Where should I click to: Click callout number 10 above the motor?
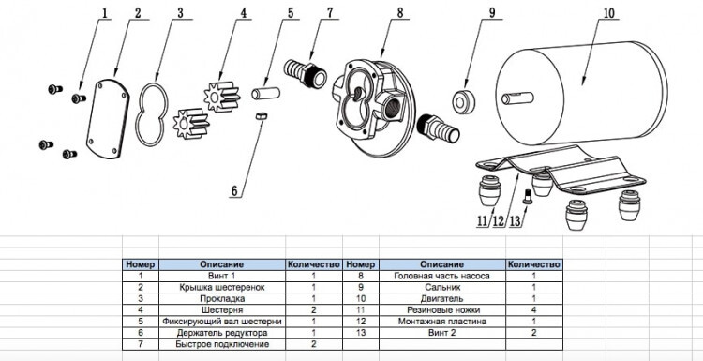(608, 13)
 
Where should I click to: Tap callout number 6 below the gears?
(234, 191)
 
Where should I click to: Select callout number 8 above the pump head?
(400, 12)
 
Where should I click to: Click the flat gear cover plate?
(108, 119)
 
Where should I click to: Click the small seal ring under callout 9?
(463, 102)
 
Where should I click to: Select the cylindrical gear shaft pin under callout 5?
(265, 94)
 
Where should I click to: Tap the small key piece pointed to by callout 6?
(261, 116)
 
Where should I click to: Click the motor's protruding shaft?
(517, 98)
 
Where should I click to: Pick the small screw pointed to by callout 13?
(528, 196)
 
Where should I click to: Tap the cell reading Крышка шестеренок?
(222, 287)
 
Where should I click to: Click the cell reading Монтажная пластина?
(442, 322)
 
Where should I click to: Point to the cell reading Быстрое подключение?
(222, 344)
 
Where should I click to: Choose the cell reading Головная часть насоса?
(442, 276)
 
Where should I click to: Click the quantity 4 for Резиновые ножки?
(533, 309)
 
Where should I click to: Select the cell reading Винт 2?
(442, 333)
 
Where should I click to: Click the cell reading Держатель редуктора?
(222, 333)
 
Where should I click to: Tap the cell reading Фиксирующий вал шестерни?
(222, 322)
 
